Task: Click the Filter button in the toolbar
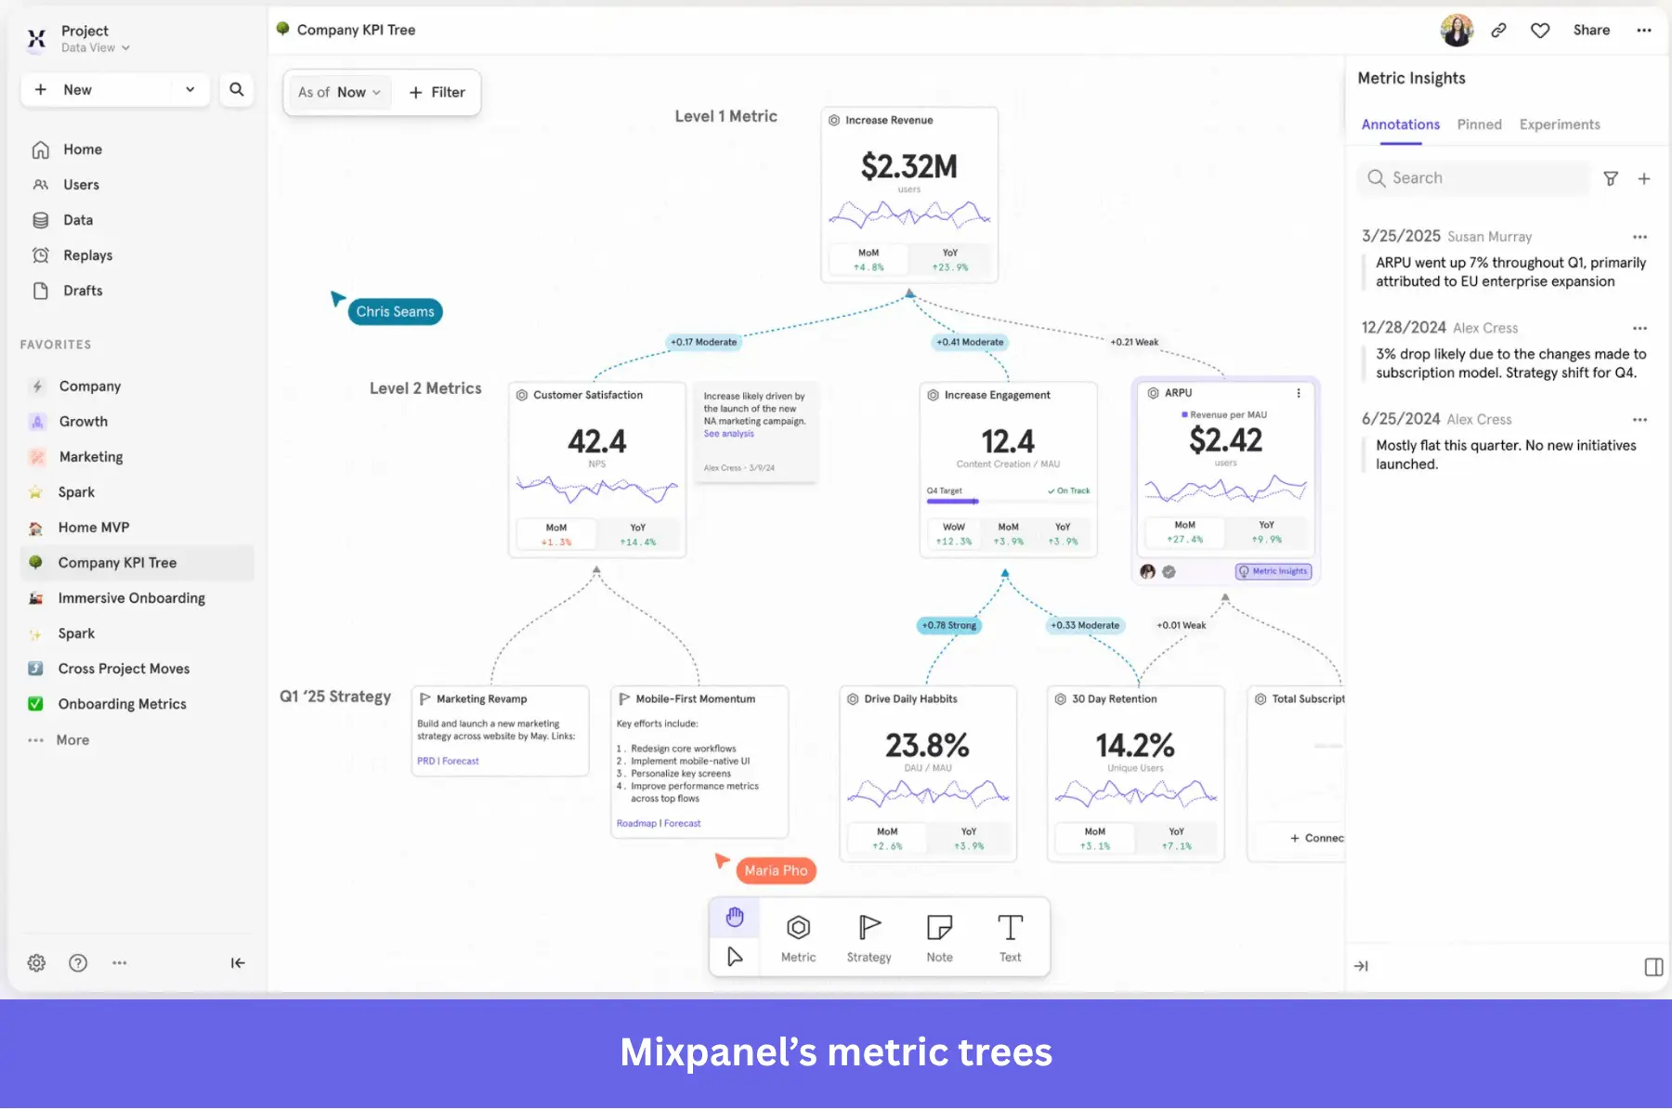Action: pos(437,92)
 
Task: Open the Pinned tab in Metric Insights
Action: pos(1479,124)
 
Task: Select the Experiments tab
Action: pos(1559,124)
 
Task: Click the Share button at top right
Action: pos(1590,30)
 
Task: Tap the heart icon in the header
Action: pos(1540,31)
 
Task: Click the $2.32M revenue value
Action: pos(908,167)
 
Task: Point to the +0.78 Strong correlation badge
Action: pos(948,625)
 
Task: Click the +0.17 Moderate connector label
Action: pos(703,342)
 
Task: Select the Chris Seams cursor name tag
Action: pos(395,312)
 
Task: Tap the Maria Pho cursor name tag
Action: pos(776,870)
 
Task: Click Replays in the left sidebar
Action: pos(87,255)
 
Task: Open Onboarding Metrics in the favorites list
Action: pos(122,704)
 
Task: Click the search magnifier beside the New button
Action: pos(237,90)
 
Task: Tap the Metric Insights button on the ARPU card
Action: pos(1274,571)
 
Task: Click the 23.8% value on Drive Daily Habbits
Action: pos(927,745)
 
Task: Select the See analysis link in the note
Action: pos(728,434)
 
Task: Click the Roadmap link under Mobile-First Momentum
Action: pos(636,823)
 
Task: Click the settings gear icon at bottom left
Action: pos(36,963)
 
